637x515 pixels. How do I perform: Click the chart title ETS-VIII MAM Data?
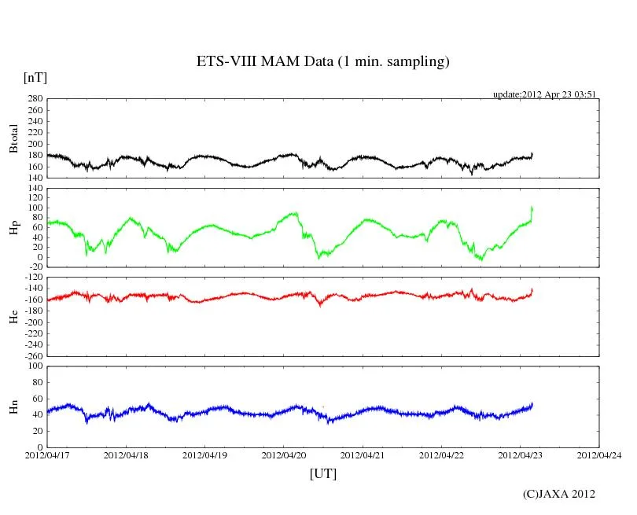(322, 62)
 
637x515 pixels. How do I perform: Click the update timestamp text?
(545, 94)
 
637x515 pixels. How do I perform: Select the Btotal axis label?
(13, 138)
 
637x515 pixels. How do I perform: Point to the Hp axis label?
(13, 228)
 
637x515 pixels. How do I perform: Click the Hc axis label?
(13, 317)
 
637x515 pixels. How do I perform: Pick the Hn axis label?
(13, 406)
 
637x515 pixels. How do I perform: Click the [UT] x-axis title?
(322, 473)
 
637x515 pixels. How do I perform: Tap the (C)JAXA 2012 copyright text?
(558, 494)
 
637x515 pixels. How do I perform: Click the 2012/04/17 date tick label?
(46, 455)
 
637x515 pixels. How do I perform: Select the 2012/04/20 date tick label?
(283, 455)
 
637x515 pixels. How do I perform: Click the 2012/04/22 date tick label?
(441, 455)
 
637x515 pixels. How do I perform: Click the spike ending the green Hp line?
(532, 208)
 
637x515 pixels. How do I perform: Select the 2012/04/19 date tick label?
(204, 455)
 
